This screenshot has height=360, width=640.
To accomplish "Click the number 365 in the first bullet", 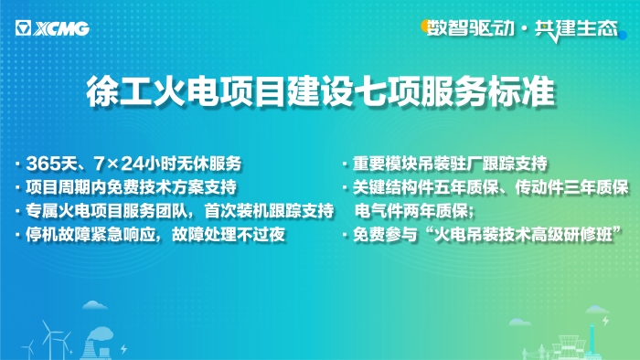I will [44, 164].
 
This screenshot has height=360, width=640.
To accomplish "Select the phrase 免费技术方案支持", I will [179, 188].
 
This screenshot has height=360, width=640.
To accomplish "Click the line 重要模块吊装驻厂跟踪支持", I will [450, 164].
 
